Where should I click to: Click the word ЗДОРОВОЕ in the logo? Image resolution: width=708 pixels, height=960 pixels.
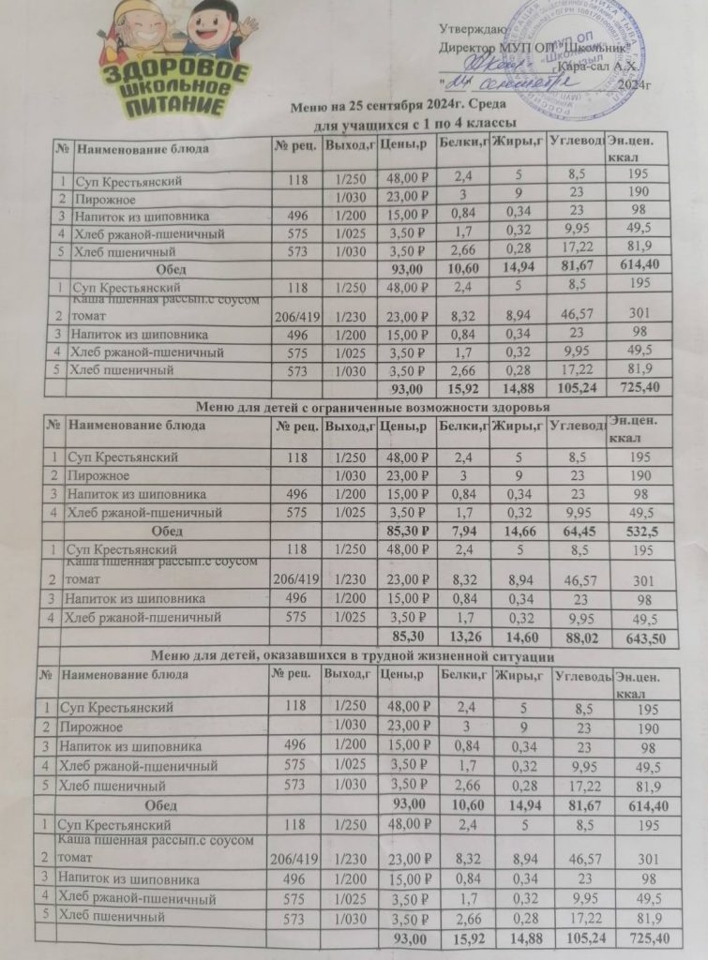coord(175,73)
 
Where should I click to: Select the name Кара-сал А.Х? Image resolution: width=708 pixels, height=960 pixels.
coord(597,67)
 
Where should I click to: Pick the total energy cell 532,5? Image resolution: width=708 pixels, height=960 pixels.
coord(638,531)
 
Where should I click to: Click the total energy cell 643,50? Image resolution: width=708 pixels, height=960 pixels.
coord(638,637)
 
